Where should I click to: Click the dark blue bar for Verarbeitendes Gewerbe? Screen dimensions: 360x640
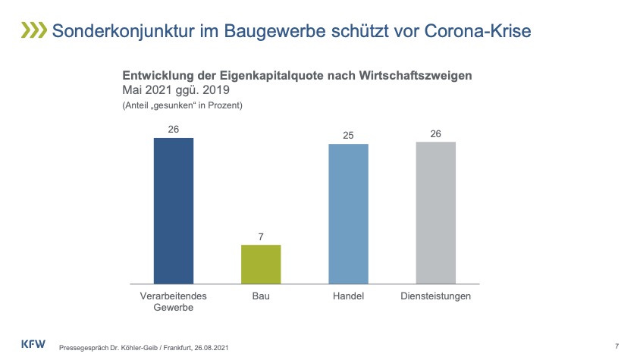tap(174, 211)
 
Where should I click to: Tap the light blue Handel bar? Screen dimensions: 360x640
tap(348, 214)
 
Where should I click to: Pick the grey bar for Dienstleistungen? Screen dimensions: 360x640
tap(435, 212)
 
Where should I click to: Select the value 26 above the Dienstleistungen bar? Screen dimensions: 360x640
tap(435, 134)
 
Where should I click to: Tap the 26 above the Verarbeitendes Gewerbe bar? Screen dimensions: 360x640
tap(174, 130)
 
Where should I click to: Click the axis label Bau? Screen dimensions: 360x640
tap(260, 296)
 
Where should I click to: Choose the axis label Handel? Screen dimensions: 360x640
tap(348, 296)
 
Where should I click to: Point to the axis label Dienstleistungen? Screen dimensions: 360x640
tap(435, 296)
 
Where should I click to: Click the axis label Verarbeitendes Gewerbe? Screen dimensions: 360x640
tap(174, 302)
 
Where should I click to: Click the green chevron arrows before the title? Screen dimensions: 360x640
tap(33, 30)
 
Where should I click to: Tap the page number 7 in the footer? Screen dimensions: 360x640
tap(616, 346)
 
